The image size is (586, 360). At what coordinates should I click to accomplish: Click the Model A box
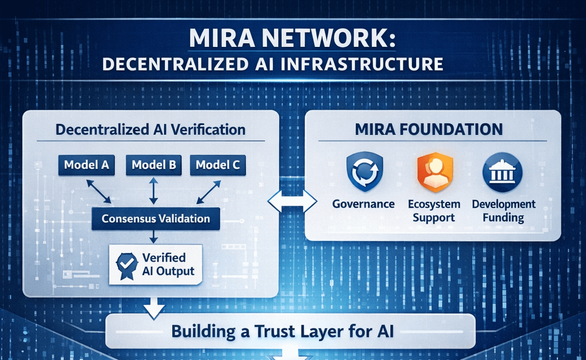point(86,165)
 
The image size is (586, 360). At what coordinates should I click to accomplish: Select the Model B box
point(153,165)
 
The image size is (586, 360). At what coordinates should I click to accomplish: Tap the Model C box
point(217,165)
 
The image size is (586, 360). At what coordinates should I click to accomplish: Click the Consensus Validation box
point(156,219)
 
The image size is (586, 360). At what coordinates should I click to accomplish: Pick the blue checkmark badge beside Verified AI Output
point(126,264)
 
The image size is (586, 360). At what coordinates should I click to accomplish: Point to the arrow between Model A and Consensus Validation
point(98,192)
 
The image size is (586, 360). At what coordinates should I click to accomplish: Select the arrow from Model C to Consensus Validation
point(208,192)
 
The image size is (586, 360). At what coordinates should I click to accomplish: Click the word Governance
point(363,204)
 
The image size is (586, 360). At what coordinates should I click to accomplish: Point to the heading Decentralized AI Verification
point(150,129)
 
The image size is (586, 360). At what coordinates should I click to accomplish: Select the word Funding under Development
point(503,217)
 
